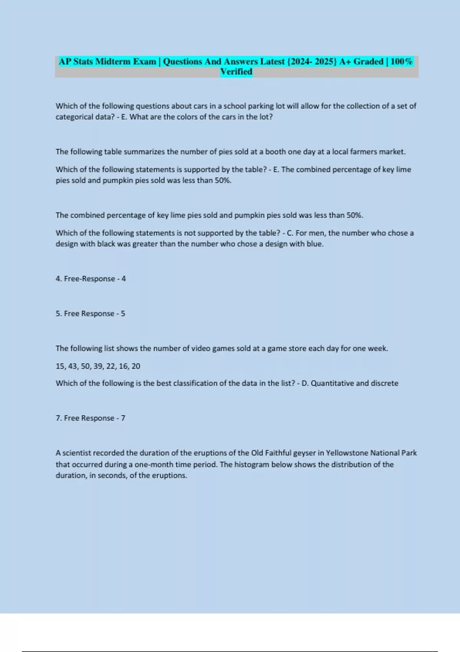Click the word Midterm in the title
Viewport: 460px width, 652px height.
[113, 61]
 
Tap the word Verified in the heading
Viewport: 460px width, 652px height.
[236, 72]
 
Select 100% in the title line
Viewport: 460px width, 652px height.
[401, 61]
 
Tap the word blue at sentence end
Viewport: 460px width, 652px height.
[314, 244]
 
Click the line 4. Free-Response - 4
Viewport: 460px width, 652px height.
[90, 279]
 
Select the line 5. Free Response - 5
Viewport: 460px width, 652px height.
[90, 314]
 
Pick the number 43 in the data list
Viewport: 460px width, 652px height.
[73, 366]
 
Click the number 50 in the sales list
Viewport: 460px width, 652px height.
[85, 366]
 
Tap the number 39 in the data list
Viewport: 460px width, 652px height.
[98, 366]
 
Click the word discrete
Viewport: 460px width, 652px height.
[384, 383]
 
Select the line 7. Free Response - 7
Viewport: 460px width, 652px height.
[90, 418]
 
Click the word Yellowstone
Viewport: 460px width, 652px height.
[347, 453]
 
